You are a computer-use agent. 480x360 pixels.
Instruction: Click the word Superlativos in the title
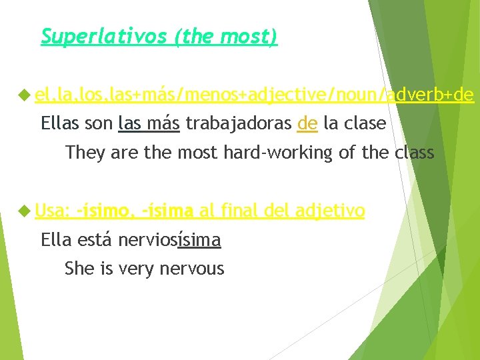click(x=103, y=36)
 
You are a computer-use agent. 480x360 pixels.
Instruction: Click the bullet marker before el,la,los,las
click(x=25, y=97)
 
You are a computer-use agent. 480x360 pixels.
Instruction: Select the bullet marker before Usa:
click(x=25, y=211)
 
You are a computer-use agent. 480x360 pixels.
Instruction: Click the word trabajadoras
click(x=238, y=123)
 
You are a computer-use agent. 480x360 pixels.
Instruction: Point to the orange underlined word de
click(x=307, y=123)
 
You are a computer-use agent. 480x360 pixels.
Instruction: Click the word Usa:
click(x=53, y=211)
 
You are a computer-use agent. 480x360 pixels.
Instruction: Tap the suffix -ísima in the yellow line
click(x=167, y=211)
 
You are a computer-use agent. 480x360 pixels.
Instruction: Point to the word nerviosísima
click(x=169, y=239)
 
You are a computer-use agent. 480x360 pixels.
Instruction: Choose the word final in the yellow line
click(x=238, y=211)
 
